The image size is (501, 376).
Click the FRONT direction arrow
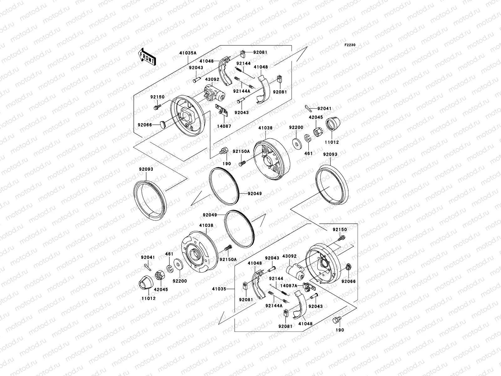pos(147,57)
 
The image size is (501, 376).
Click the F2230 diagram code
pos(350,45)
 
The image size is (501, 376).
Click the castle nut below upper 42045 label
pos(317,133)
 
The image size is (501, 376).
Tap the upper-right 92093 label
pos(330,154)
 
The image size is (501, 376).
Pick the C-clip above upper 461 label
pos(307,138)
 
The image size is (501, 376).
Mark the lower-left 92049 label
pos(210,215)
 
